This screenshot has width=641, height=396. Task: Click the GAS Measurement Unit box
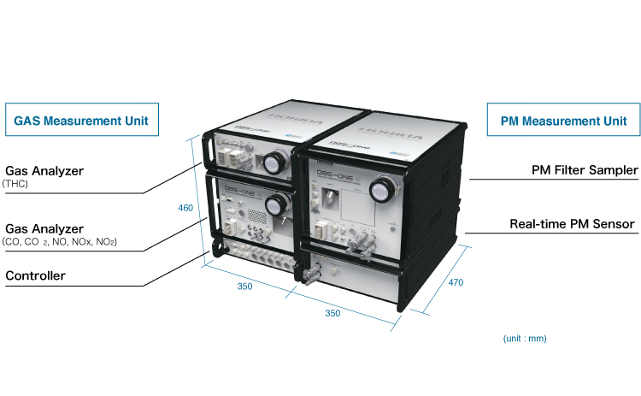click(82, 121)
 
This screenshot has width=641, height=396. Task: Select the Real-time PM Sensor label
click(572, 224)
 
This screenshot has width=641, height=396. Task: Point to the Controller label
click(35, 276)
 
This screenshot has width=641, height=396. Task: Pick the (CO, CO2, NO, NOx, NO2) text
click(60, 243)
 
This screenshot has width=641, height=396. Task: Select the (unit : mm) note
click(525, 338)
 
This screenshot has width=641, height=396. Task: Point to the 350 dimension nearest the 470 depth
click(332, 314)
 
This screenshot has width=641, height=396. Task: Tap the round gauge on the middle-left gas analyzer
click(277, 204)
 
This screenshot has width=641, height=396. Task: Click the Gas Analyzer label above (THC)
click(44, 171)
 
